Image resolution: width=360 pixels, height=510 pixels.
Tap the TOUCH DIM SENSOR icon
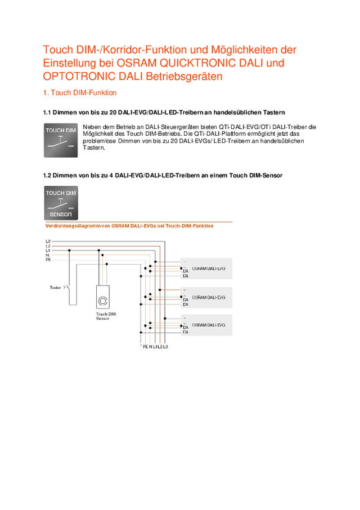(61, 203)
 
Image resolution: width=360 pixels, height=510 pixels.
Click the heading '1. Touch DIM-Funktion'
(80, 92)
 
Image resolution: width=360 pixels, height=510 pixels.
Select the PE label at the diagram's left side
(48, 260)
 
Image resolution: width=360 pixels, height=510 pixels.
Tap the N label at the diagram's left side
(47, 255)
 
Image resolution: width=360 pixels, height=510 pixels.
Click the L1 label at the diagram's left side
(48, 250)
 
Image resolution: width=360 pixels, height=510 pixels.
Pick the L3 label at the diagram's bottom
(165, 347)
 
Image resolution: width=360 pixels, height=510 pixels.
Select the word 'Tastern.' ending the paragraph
(94, 148)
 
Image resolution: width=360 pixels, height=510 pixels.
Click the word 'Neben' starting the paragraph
(91, 127)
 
